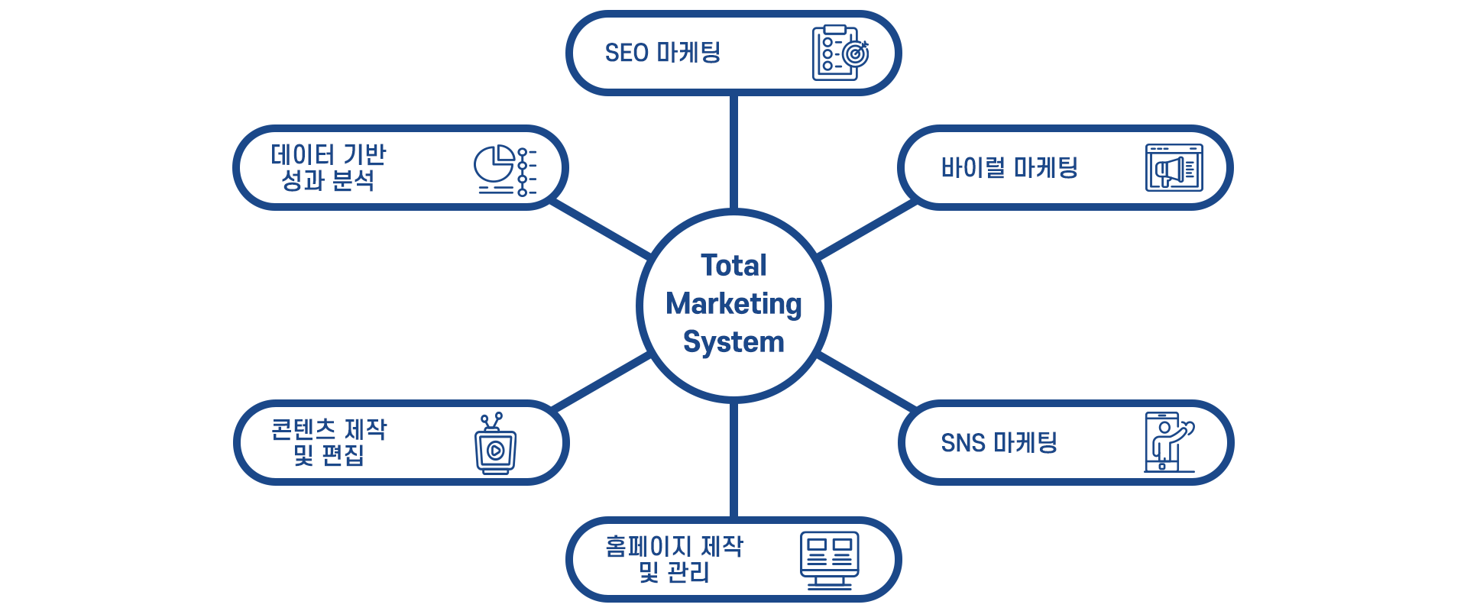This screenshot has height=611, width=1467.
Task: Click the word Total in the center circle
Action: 733,266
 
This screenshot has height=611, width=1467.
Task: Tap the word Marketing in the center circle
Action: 733,304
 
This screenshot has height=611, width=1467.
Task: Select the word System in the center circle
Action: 733,342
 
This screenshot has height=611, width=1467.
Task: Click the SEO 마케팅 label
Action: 662,53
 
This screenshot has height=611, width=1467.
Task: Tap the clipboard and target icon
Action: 840,53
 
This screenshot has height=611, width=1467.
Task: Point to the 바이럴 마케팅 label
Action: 1009,167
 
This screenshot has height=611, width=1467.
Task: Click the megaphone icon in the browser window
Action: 1174,168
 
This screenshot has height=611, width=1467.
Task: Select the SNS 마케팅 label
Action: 999,442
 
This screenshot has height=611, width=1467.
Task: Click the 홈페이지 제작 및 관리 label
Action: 674,558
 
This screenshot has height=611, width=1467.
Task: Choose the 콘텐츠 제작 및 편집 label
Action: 329,441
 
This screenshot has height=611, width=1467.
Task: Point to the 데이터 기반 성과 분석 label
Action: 329,167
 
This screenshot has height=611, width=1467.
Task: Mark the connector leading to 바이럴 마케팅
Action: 866,229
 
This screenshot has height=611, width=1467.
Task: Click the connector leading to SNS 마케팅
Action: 866,381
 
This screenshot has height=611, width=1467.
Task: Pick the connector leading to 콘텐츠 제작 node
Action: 601,381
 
